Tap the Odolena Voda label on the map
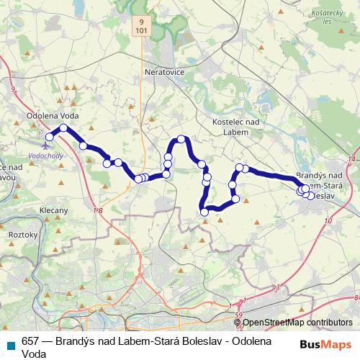click(x=52, y=115)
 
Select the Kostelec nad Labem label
click(x=230, y=127)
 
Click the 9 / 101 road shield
click(x=148, y=27)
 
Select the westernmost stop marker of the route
click(x=50, y=137)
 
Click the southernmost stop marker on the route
click(x=204, y=212)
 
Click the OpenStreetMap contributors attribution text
click(x=297, y=323)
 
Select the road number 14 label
click(x=351, y=158)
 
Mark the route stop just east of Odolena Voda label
click(x=63, y=128)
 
